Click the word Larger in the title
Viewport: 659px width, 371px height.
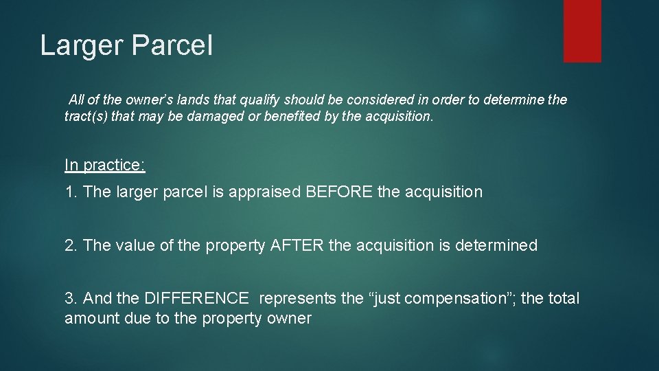81,45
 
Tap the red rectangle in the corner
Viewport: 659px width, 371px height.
582,31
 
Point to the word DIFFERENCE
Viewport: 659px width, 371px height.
196,298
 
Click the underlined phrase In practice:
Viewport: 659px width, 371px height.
104,165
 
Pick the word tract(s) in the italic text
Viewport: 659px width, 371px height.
85,117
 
